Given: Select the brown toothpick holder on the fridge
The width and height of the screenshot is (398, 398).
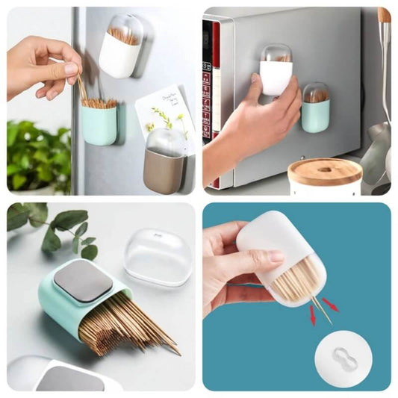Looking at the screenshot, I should [163, 170].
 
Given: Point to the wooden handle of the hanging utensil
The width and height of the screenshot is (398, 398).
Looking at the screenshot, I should [384, 15].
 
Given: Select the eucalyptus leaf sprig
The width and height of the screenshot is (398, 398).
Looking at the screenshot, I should [60, 227].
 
